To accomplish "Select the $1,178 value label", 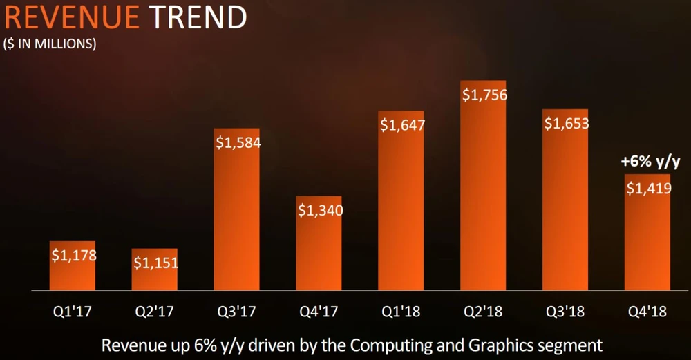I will coord(73,255).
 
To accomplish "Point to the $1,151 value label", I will coord(155,263).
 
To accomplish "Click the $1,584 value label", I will coord(237,143).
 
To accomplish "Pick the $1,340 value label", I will coord(319,210).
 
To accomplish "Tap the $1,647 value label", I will coord(401,126).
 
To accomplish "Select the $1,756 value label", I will coord(484,95).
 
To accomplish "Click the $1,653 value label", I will coord(566,124).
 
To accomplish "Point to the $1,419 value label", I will coord(648,188).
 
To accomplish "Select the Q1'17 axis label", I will coord(73,312).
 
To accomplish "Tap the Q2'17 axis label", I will coord(155,312).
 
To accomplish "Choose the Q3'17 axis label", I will coord(237,312).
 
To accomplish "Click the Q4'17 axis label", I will coord(319,312).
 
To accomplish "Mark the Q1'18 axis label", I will coord(401,312).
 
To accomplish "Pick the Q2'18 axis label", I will coord(484,312).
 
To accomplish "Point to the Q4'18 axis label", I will coord(648,312).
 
